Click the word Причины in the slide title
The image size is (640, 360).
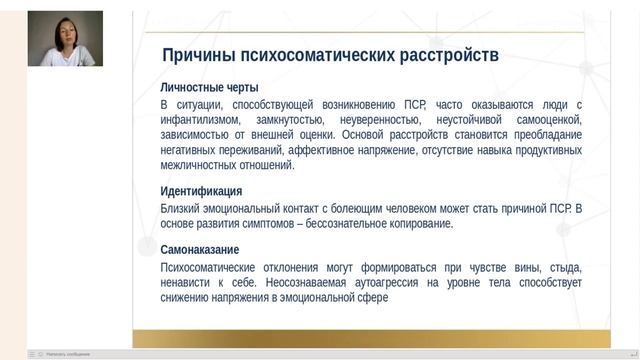tap(201, 55)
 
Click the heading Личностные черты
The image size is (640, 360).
tap(209, 88)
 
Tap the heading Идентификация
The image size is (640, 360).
tap(201, 191)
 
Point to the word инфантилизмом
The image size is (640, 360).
tap(200, 119)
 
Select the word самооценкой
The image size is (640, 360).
tap(546, 119)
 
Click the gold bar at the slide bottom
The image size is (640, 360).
tap(371, 339)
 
